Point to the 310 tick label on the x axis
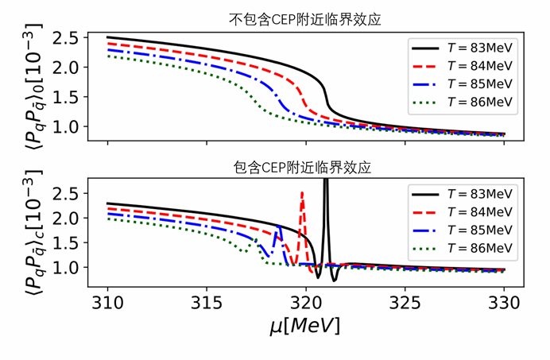click(107, 304)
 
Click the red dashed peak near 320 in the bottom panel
click(302, 194)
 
